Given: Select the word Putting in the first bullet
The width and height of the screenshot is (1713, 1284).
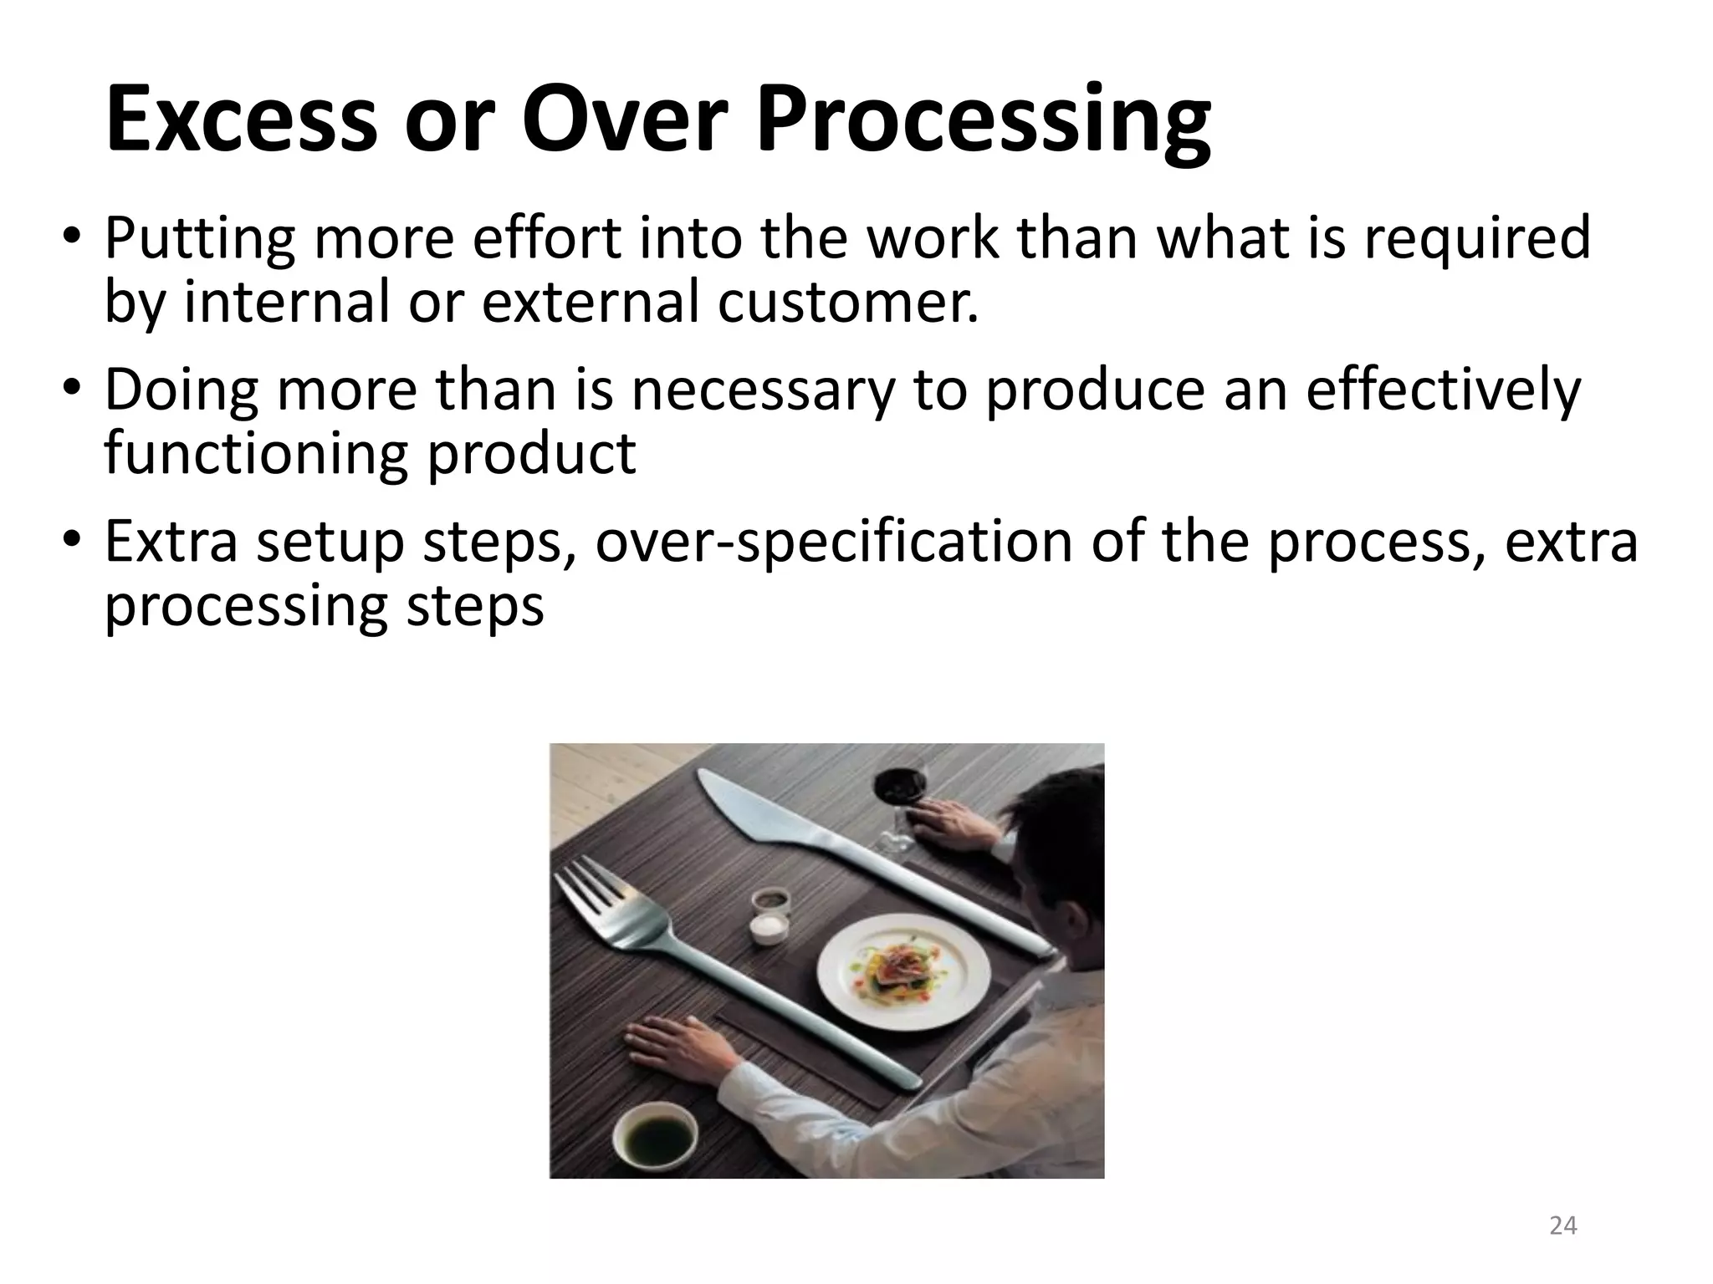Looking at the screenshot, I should coord(199,239).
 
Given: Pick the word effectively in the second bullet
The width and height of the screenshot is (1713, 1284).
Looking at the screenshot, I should coord(1443,390).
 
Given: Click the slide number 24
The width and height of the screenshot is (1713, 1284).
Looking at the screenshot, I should coord(1562,1226).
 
